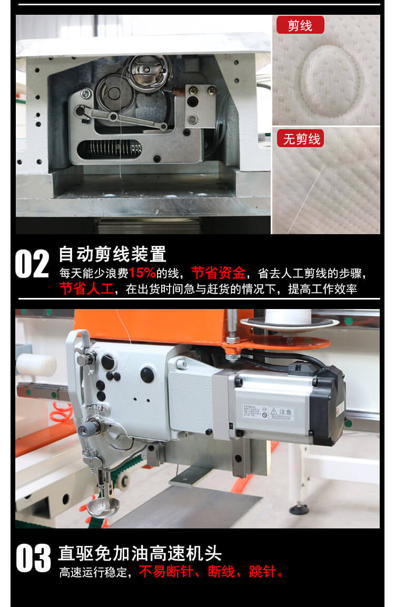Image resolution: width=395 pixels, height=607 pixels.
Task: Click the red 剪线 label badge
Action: tap(300, 25)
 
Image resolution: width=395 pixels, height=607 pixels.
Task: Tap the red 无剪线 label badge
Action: tap(302, 139)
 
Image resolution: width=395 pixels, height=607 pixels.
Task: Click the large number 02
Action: tap(32, 264)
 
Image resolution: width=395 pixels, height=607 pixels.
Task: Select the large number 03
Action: tap(33, 559)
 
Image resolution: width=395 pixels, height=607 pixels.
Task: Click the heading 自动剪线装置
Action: tap(113, 254)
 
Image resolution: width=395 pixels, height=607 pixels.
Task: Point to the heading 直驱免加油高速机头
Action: tap(140, 553)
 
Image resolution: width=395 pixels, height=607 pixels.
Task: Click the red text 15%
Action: tap(142, 274)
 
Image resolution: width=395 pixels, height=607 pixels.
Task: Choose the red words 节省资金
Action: tap(218, 274)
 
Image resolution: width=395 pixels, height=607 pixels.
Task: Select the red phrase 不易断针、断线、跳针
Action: tap(211, 572)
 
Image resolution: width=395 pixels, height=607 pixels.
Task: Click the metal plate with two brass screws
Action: tap(201, 105)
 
